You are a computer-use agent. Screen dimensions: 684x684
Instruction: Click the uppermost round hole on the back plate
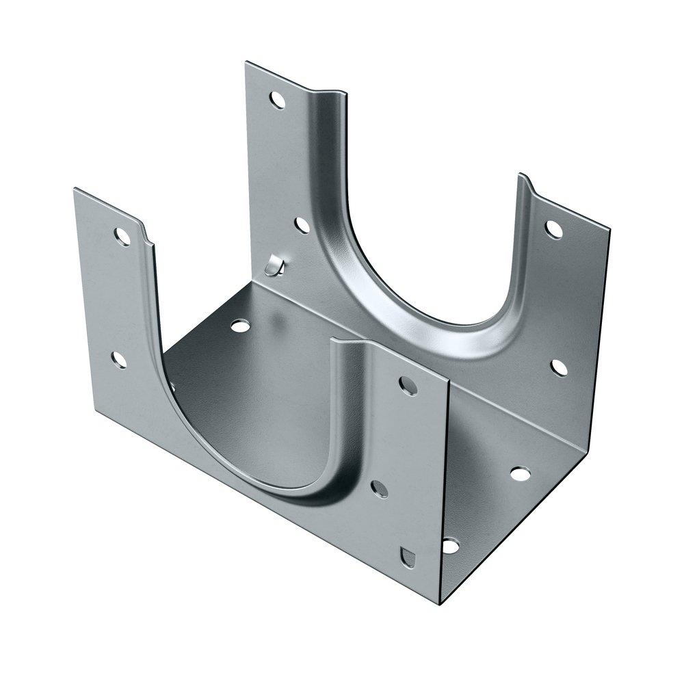[x=277, y=100]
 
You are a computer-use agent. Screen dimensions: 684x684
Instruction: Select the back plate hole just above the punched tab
[x=300, y=224]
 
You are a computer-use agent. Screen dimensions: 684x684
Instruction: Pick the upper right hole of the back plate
[x=554, y=229]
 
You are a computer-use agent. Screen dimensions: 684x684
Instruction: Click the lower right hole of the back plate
[x=559, y=367]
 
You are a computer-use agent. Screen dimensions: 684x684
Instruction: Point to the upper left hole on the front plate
[x=124, y=237]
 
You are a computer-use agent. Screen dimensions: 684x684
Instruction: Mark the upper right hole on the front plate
[x=408, y=387]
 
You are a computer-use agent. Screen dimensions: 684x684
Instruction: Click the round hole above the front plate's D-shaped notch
[x=378, y=488]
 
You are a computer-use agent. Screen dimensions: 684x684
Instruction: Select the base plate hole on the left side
[x=239, y=326]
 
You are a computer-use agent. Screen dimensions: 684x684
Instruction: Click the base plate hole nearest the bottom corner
[x=450, y=545]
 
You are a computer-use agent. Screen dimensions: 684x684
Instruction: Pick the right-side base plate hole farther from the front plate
[x=520, y=473]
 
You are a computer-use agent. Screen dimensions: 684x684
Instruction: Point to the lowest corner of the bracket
[x=438, y=605]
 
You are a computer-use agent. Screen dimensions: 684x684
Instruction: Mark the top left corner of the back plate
[x=246, y=62]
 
